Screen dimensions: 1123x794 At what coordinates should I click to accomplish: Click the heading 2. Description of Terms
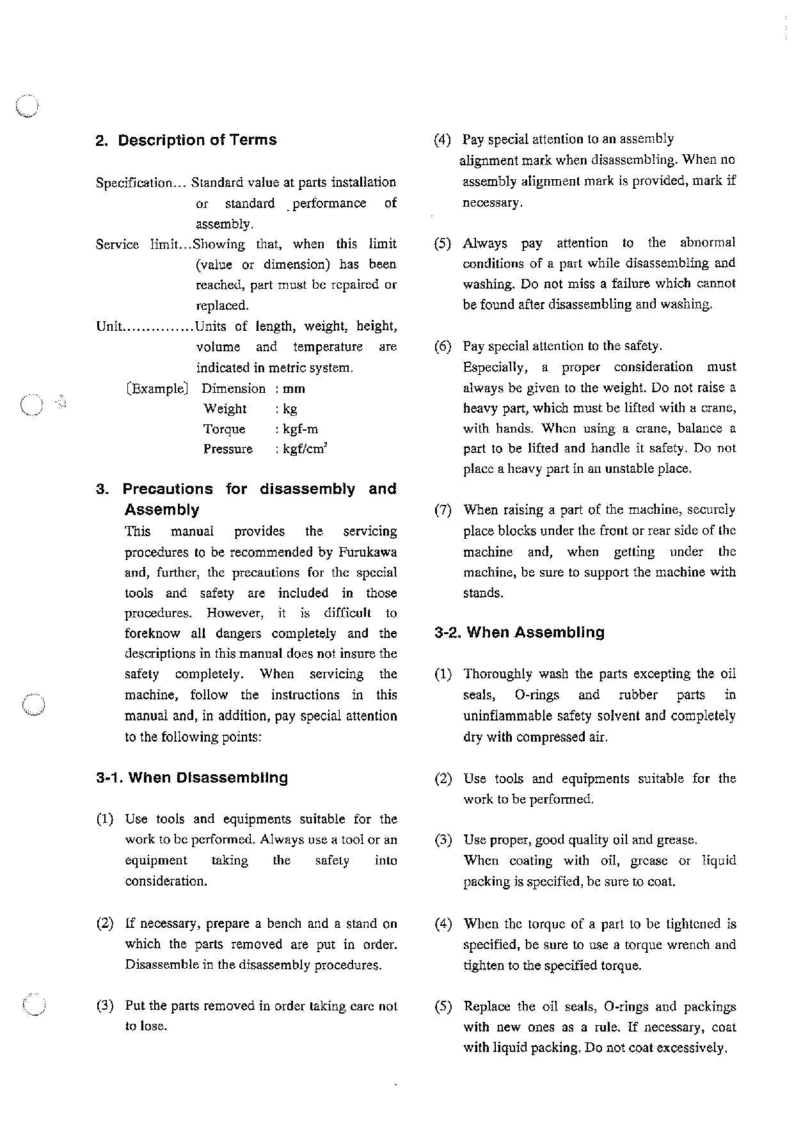(186, 140)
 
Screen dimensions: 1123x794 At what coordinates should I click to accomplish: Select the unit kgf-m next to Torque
(300, 429)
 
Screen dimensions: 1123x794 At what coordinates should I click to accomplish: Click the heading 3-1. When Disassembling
(192, 778)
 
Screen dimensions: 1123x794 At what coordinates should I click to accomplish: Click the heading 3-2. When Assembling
(519, 633)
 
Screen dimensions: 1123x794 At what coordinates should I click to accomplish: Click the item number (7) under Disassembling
(443, 511)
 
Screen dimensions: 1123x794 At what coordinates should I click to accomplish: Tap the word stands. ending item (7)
(483, 593)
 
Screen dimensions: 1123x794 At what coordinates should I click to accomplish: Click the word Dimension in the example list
(233, 388)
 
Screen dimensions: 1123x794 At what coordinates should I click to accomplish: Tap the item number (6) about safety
(443, 347)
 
